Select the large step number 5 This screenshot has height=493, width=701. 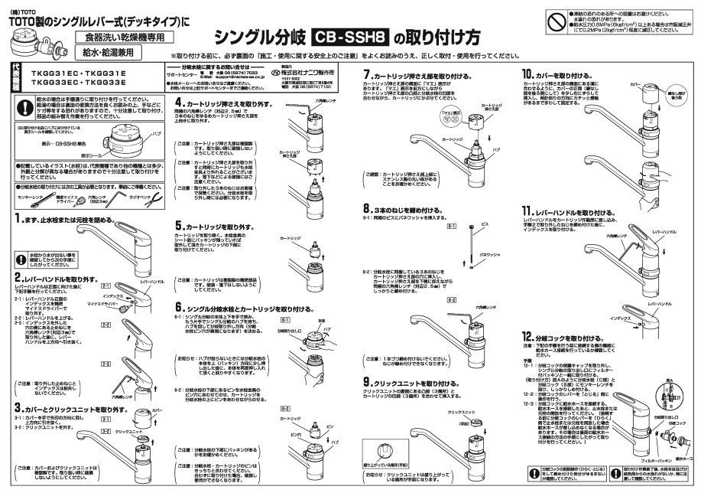180,227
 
